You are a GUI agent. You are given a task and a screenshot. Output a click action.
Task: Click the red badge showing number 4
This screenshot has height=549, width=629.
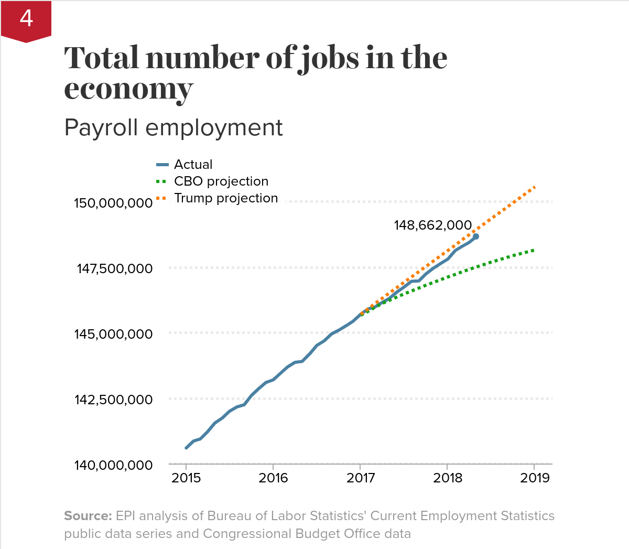coord(26,20)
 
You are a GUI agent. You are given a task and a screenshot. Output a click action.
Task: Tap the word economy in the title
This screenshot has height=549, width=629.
coord(129,89)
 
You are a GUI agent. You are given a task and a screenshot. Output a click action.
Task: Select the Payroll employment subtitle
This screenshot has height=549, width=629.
coord(173,127)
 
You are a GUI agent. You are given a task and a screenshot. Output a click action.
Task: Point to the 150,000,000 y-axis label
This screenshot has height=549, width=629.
coord(113,203)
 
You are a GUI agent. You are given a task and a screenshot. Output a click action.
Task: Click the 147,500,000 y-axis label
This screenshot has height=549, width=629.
coord(115,269)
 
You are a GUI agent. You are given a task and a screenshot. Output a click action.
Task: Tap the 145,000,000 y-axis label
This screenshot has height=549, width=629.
coord(113,334)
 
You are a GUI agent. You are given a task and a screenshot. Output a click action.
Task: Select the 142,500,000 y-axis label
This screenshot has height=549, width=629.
coord(114,400)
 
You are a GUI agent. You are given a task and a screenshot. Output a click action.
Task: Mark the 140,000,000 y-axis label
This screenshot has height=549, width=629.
coord(113,465)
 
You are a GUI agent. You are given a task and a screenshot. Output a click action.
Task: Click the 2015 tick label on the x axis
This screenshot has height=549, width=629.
coord(186,478)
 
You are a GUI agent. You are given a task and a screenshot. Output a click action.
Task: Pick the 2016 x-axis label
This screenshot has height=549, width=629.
coord(273,478)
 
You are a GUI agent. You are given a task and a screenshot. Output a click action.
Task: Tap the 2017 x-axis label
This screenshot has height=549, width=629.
coord(361,478)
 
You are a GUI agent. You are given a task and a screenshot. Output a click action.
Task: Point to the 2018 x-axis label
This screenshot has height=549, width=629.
coord(448,478)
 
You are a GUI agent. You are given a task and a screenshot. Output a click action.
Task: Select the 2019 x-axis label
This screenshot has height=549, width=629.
coord(535,478)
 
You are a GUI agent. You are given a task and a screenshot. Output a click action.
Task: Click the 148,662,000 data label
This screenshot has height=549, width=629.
coord(433,225)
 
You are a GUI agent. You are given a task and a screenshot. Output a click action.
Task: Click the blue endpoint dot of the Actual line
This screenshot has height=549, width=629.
coord(475,236)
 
